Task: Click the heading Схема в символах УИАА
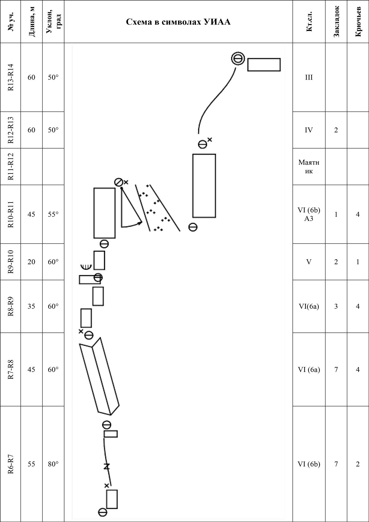[178, 22]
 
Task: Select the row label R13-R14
[10, 77]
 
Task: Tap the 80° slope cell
[53, 464]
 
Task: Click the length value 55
[31, 464]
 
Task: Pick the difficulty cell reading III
[309, 78]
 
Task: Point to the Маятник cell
[309, 167]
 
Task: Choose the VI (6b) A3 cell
[309, 214]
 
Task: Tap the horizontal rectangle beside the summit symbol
[264, 65]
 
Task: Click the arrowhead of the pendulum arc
[140, 223]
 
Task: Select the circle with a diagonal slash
[118, 182]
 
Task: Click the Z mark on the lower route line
[106, 466]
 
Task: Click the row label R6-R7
[10, 464]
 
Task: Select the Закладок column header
[336, 21]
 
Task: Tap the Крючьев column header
[358, 21]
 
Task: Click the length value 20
[31, 262]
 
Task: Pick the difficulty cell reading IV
[309, 130]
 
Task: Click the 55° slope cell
[53, 214]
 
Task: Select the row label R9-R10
[10, 262]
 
